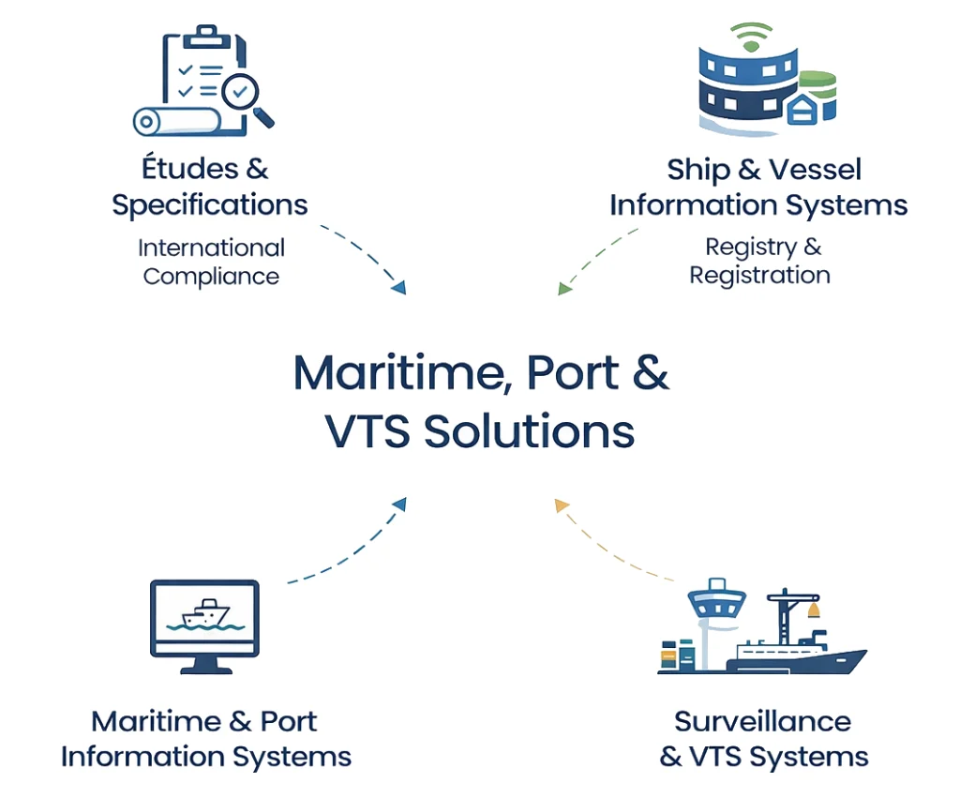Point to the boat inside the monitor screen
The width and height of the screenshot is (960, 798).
[205, 614]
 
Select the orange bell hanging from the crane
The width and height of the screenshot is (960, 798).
[812, 610]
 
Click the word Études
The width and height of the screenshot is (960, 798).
[180, 169]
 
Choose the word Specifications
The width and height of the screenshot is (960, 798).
[209, 204]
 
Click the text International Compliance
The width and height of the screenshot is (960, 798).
[211, 262]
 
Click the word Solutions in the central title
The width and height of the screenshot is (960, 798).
[530, 431]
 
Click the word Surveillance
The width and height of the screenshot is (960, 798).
[762, 721]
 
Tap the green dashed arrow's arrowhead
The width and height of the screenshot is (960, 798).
[564, 288]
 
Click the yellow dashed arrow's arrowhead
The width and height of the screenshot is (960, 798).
[562, 506]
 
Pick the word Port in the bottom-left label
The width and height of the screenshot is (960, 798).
[288, 721]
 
